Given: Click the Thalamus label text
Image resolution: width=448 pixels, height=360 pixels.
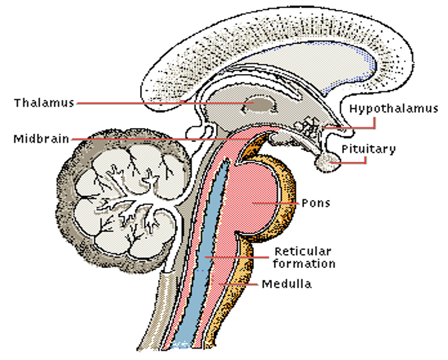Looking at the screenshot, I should click(x=43, y=103).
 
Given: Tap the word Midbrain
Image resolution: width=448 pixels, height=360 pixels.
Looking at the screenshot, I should click(x=41, y=139).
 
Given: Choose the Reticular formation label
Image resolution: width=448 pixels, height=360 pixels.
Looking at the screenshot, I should click(x=303, y=257).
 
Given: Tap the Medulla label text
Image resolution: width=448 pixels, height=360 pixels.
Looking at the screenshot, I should click(x=286, y=284).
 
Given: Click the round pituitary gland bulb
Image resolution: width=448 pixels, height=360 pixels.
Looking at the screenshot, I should click(x=326, y=161).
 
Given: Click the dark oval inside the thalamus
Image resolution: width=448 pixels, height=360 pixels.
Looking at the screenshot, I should click(x=257, y=106).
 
